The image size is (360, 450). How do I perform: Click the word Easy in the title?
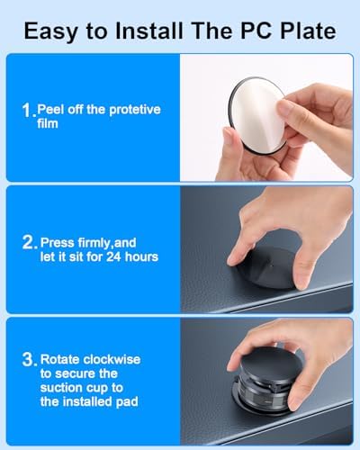[x=50, y=31]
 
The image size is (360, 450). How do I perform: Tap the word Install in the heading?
[x=149, y=31]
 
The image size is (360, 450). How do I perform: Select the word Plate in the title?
[x=305, y=31]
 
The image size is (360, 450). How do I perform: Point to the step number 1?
[x=28, y=110]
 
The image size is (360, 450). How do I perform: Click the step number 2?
[x=30, y=242]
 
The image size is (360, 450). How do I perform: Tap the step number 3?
[x=30, y=359]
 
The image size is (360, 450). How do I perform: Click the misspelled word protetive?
[x=135, y=110]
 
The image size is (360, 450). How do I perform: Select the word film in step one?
[x=48, y=123]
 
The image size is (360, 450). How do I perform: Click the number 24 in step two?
[x=113, y=257]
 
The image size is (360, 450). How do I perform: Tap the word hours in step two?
[x=141, y=256]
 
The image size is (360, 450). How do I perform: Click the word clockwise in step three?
[x=112, y=359]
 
